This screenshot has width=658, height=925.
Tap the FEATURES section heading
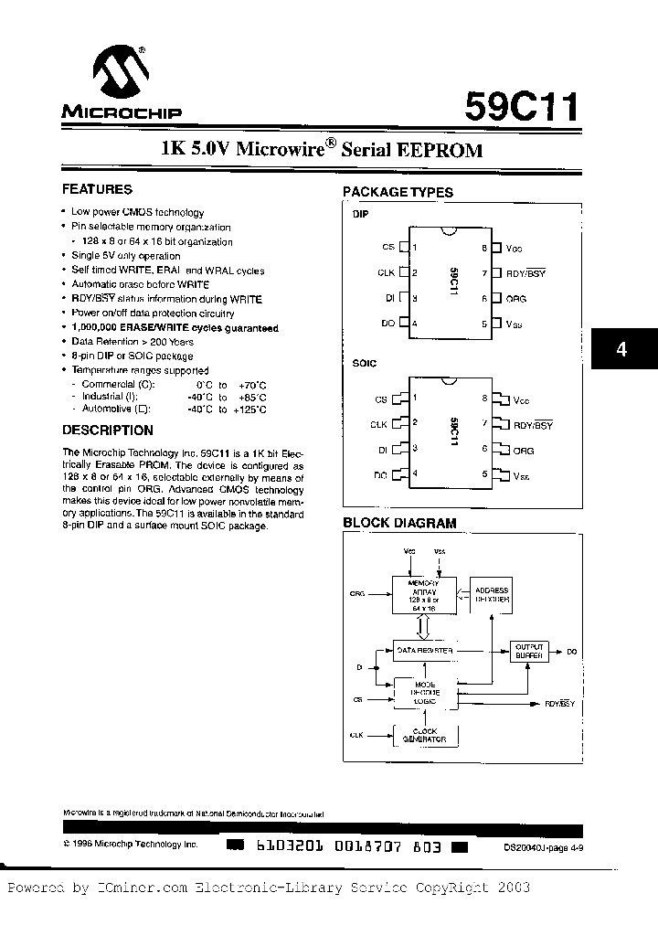pos(97,190)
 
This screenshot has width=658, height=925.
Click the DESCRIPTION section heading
pos(108,431)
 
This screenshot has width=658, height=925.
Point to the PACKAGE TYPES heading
pos(398,192)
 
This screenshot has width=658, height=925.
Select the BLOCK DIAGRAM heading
pos(399,523)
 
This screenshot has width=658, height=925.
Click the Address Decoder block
pos(492,596)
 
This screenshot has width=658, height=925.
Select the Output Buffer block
pos(529,651)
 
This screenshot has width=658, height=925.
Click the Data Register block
pos(423,651)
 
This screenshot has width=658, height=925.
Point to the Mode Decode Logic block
pos(423,692)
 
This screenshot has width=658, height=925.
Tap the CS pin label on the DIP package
pos(387,248)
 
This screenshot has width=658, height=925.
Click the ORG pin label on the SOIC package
pos(524,451)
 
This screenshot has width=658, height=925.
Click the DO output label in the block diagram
pos(571,652)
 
